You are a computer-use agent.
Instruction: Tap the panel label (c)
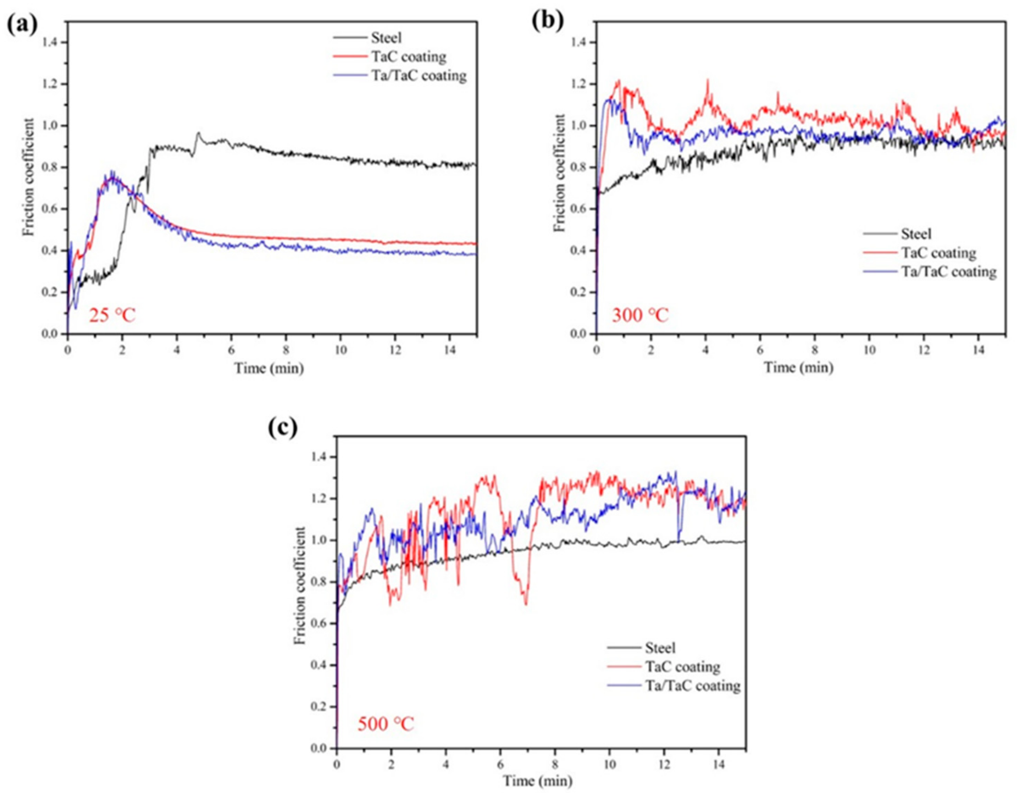[283, 428]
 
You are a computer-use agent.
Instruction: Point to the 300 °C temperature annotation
[640, 316]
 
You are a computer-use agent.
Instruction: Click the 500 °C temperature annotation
[385, 724]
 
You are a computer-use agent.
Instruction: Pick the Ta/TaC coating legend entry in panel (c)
[692, 685]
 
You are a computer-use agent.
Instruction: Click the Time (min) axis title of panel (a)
[269, 369]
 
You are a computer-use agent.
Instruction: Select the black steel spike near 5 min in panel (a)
[198, 133]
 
